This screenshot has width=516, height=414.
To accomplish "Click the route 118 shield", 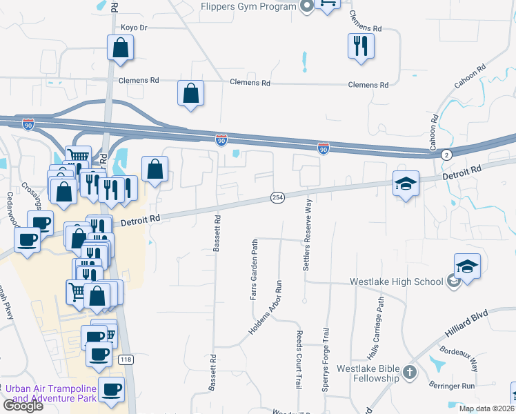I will click(126, 359).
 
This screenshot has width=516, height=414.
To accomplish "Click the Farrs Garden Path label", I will click(254, 270).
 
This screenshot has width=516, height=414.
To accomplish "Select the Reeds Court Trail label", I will click(299, 359).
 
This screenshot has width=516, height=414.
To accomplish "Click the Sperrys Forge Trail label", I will click(325, 359).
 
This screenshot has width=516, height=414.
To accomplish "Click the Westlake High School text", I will click(396, 282).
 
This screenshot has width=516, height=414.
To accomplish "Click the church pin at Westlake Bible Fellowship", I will click(410, 373).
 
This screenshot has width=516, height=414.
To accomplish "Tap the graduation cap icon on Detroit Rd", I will click(406, 184).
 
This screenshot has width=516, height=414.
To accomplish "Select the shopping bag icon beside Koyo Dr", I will click(120, 48).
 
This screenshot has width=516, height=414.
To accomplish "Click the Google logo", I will click(23, 406).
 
